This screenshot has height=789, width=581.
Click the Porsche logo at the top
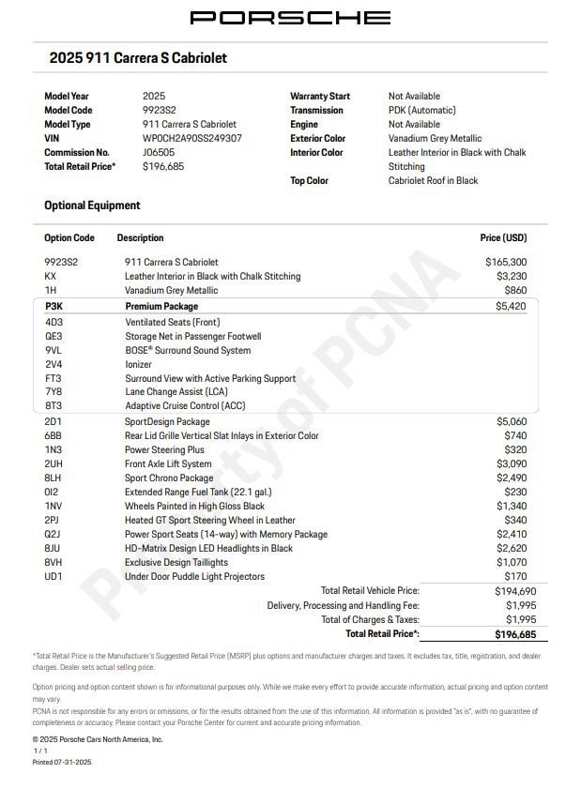point(290,18)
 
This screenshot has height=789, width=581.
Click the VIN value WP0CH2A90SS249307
point(191,138)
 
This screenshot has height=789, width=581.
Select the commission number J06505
point(159,152)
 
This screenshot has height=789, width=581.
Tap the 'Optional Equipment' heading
point(92,205)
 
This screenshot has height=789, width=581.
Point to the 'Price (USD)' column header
point(503,238)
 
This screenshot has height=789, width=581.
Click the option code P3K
point(54,306)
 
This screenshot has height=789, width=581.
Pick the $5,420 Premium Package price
point(511,306)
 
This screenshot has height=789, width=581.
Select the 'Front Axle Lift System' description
point(168,463)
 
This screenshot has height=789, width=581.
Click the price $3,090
point(511,463)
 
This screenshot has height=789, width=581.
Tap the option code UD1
point(54,576)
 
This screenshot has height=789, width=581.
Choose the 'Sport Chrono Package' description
point(169,478)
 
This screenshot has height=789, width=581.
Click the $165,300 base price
point(505,262)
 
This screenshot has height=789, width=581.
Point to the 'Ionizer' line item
point(138,364)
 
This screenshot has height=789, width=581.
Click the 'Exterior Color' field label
point(317,138)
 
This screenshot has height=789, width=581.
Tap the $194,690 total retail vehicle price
point(515,591)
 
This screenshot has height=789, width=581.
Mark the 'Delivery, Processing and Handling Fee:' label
point(343,605)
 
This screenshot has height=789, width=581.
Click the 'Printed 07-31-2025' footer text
point(62,762)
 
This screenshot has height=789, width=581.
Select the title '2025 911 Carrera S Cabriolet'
point(138,58)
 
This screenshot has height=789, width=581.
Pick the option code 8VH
point(54,562)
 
